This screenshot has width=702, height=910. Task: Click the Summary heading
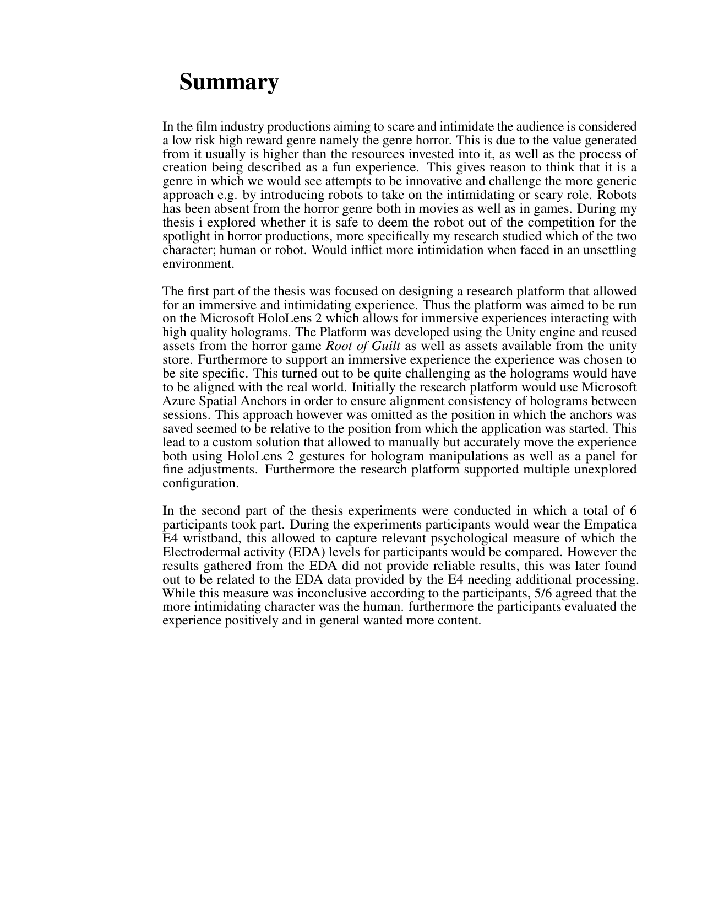pos(228,82)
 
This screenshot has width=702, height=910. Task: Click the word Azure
pos(180,401)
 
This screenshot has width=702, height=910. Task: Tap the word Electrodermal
pos(200,552)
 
